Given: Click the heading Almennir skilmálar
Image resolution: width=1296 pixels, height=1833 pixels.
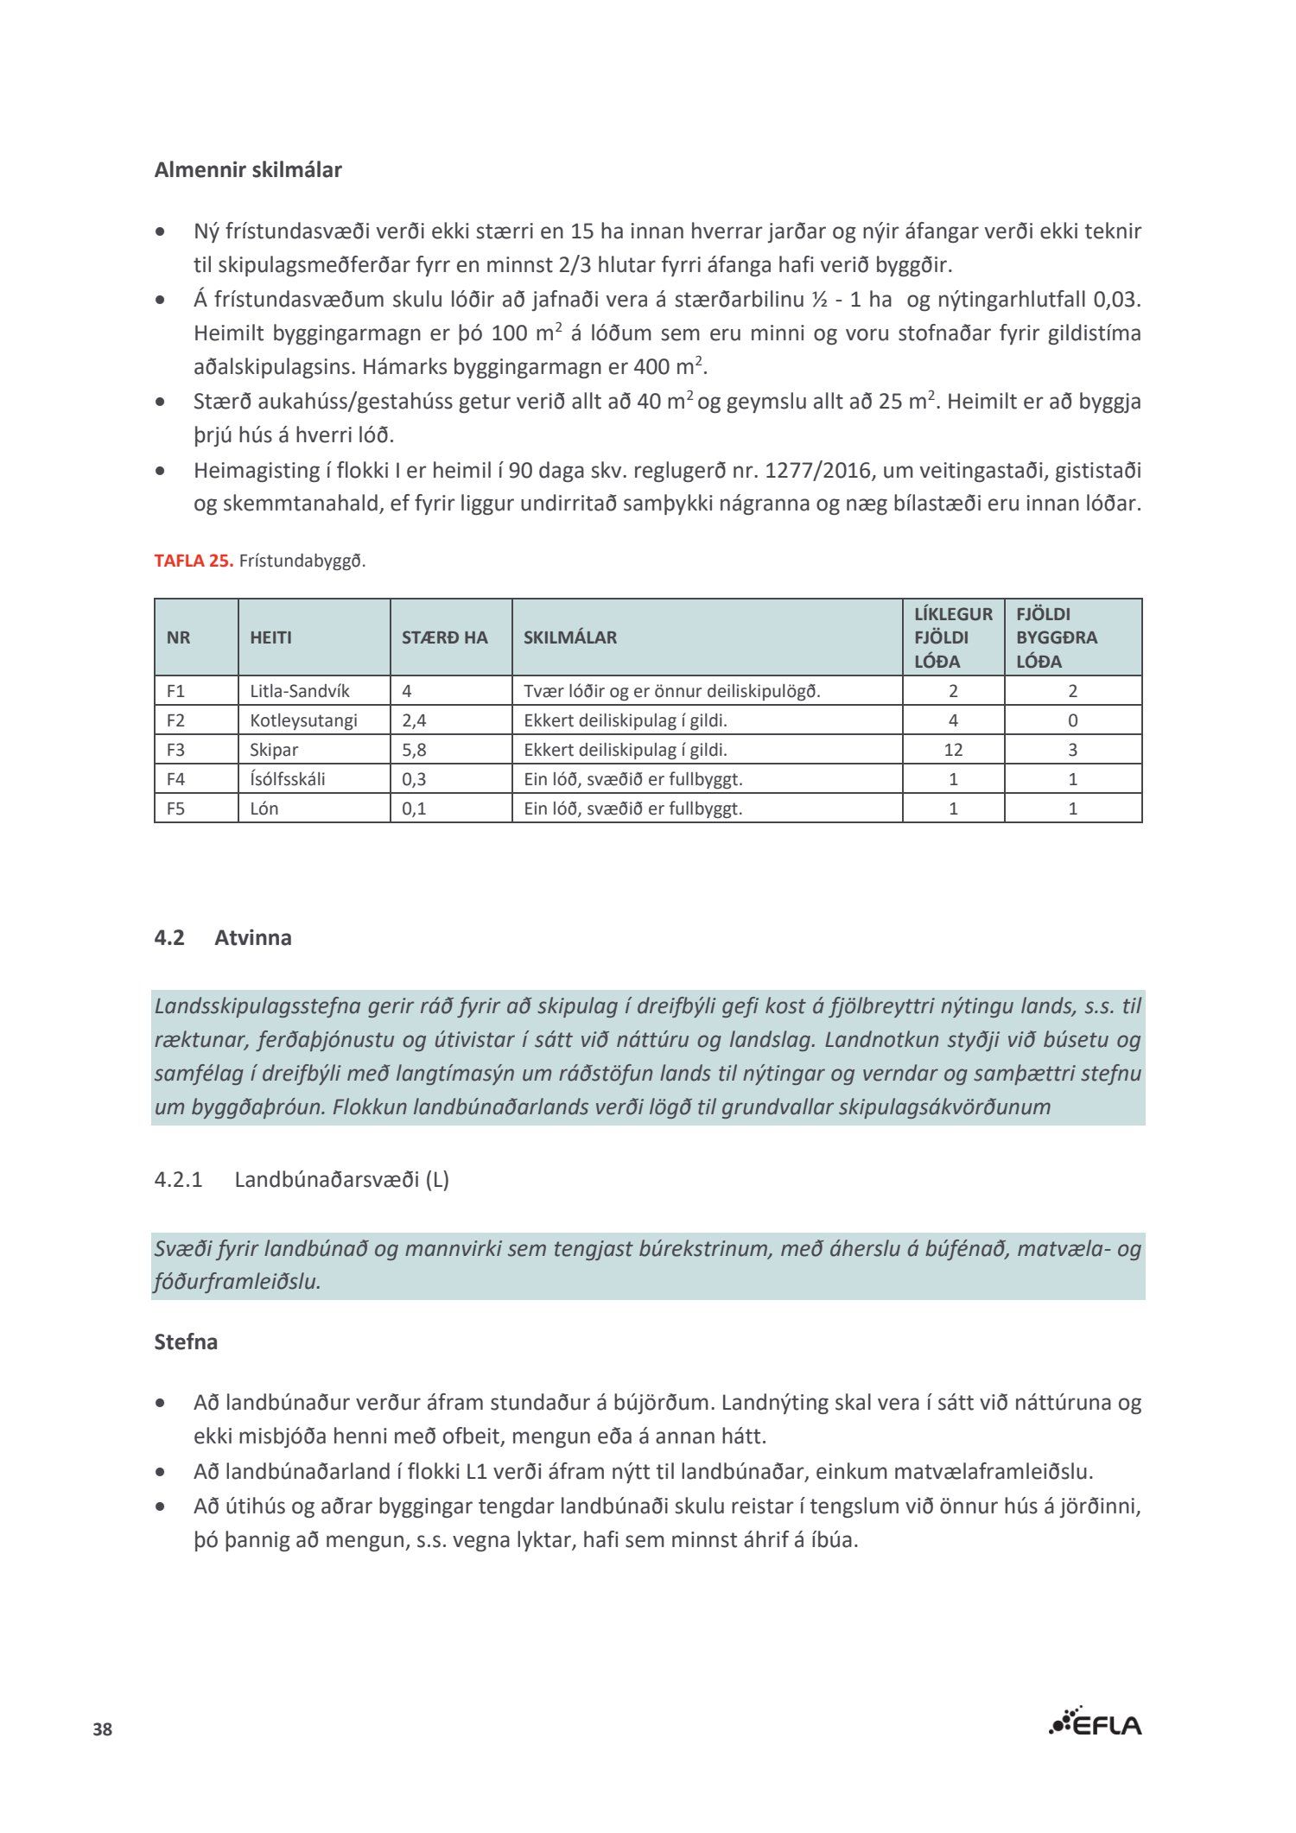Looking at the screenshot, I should pyautogui.click(x=248, y=170).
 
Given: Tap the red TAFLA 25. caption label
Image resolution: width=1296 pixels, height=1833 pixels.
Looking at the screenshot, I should pyautogui.click(x=194, y=561).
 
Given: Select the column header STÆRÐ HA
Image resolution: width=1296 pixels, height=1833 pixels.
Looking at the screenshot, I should pyautogui.click(x=444, y=637).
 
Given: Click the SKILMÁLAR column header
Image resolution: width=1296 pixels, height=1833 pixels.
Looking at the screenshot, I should pyautogui.click(x=570, y=637).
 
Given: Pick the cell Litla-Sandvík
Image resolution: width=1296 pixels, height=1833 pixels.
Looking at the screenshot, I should pyautogui.click(x=299, y=691).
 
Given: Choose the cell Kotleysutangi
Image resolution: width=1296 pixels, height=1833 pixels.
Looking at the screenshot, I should pyautogui.click(x=303, y=720).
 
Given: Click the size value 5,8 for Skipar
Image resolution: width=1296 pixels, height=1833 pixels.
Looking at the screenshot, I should pyautogui.click(x=414, y=750).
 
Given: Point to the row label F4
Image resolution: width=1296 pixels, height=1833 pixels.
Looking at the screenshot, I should pyautogui.click(x=175, y=779).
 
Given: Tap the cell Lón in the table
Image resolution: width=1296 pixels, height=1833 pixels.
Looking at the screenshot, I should pyautogui.click(x=264, y=809).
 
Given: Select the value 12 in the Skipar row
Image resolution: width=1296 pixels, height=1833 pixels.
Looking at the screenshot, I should pyautogui.click(x=953, y=750).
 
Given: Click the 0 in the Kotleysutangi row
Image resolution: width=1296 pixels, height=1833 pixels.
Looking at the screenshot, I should pyautogui.click(x=1072, y=720).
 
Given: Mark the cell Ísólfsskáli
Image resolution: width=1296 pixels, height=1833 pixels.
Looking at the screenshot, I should pyautogui.click(x=288, y=779).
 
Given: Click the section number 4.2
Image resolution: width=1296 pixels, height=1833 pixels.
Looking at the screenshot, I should pyautogui.click(x=169, y=937).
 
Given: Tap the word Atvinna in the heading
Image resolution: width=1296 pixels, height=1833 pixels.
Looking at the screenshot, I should pyautogui.click(x=253, y=937).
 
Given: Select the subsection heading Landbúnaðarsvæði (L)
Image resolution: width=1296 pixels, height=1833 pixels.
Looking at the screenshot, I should pyautogui.click(x=341, y=1179).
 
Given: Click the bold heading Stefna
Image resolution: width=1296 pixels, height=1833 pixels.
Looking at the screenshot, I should pyautogui.click(x=186, y=1341).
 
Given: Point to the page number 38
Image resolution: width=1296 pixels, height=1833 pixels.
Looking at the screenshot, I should pyautogui.click(x=103, y=1729).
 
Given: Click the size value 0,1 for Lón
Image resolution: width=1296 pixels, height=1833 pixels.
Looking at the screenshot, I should pyautogui.click(x=414, y=809).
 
